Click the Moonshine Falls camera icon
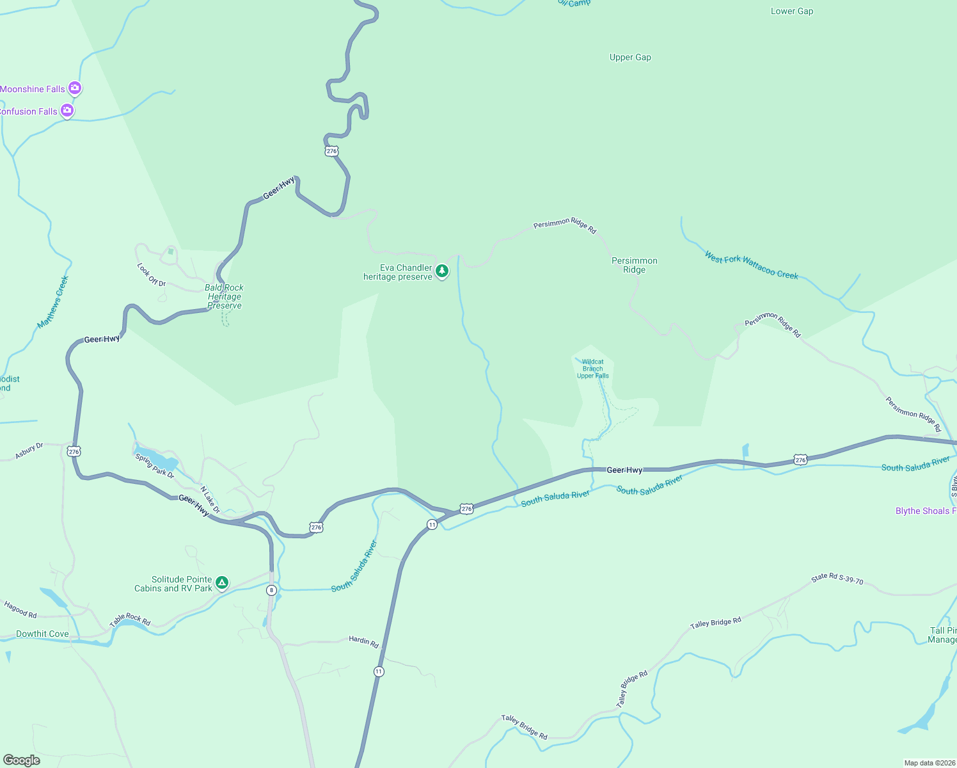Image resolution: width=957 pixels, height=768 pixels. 75,88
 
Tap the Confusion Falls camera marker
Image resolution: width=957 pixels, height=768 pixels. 67,111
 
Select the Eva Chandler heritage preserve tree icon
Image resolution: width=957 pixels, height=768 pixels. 441,271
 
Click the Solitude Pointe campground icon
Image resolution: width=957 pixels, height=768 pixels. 222,582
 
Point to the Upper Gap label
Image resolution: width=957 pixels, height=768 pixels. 630,58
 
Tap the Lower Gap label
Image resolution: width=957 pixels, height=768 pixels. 791,12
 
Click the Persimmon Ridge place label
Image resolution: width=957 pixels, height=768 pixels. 634,265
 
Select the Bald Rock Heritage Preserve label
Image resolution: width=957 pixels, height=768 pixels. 225,296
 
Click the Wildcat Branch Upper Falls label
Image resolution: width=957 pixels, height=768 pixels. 593,369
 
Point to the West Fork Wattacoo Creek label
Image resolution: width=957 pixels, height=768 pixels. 751,266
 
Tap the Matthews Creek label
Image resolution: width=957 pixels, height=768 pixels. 52,303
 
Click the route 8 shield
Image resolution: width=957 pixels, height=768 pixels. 272,590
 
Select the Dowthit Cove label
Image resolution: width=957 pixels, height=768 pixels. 42,634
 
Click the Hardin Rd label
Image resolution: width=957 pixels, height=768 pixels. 363,641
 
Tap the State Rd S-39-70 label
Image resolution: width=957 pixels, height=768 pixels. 837,579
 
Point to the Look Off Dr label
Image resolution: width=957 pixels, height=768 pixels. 152,275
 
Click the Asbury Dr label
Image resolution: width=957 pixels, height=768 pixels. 29,451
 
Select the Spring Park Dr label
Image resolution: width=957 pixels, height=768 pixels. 155,466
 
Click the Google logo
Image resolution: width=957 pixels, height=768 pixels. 22,760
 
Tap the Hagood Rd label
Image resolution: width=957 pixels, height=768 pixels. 20,609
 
